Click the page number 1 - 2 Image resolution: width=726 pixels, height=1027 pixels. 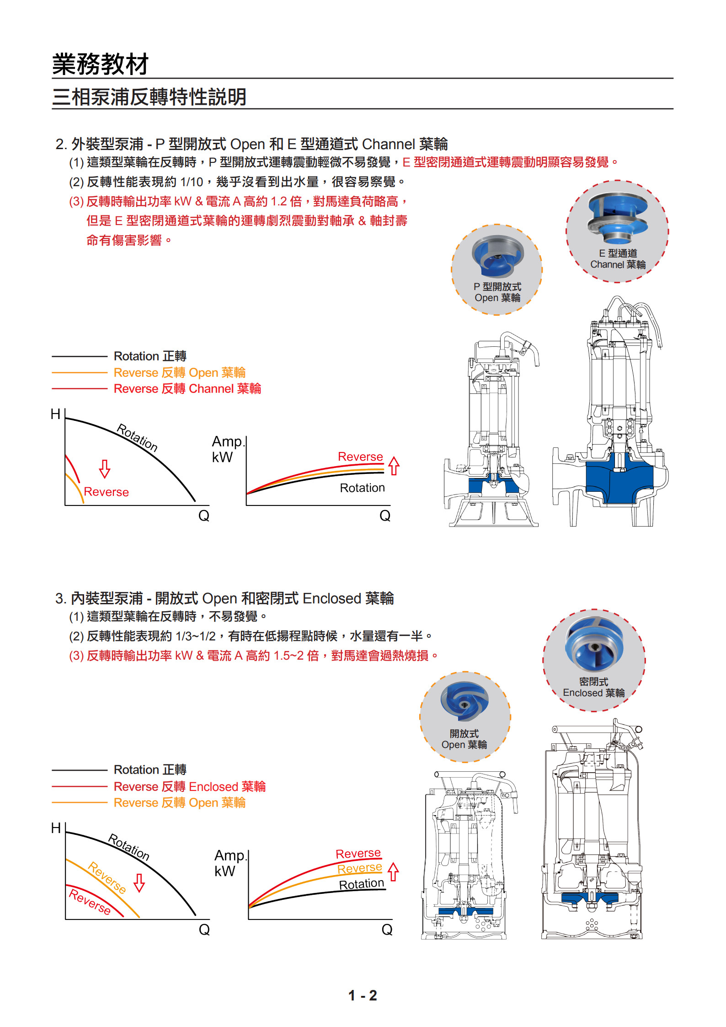coord(362,995)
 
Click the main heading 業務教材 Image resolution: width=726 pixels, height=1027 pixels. coord(100,64)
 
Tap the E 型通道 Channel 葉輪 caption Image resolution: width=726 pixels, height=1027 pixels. coord(618,259)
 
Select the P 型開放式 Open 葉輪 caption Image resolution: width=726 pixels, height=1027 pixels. coord(497,292)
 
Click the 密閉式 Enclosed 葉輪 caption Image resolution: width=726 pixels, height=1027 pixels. coord(593,687)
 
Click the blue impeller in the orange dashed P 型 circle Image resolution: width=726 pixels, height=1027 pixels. coord(497,256)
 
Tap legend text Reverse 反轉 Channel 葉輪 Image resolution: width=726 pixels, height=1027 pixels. coord(187,389)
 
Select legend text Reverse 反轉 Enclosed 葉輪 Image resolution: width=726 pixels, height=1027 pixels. coord(189,787)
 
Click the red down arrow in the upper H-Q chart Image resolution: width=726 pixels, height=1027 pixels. coord(105,469)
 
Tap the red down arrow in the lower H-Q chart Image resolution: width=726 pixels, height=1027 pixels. coord(139,883)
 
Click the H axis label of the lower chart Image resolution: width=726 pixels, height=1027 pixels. coord(56,828)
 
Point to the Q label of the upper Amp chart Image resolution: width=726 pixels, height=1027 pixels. coord(385,516)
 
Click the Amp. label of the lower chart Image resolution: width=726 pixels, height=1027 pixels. coord(230,855)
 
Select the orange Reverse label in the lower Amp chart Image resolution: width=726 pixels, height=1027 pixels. coord(359,868)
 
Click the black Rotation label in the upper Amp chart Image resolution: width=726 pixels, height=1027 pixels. coord(362,488)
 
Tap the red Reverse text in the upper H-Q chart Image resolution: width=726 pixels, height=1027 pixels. coord(106,492)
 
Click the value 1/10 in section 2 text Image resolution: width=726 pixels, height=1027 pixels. coord(192,182)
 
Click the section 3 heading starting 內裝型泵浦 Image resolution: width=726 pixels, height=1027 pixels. coord(224,598)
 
